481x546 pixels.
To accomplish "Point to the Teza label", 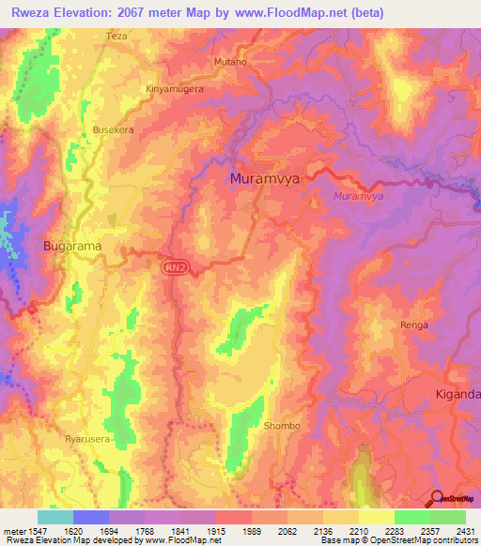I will coord(116,36).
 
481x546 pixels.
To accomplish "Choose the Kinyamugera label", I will coord(174,88).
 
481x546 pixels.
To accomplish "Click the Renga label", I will coord(414,325).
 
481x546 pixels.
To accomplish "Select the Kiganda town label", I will coord(457,395).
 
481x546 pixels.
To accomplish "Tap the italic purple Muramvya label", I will coord(358,196).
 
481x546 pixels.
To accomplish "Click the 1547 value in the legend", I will coord(27,530).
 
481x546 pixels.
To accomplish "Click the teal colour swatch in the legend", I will coord(54,517).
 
